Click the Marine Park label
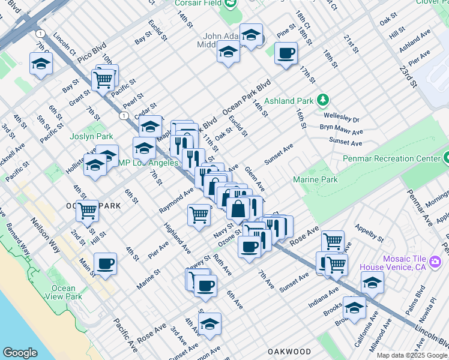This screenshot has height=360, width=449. (x=315, y=179)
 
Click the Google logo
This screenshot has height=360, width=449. (x=20, y=353)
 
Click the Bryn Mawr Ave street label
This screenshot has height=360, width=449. (x=341, y=131)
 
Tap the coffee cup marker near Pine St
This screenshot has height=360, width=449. (x=286, y=53)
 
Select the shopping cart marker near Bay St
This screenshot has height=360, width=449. (x=103, y=79)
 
